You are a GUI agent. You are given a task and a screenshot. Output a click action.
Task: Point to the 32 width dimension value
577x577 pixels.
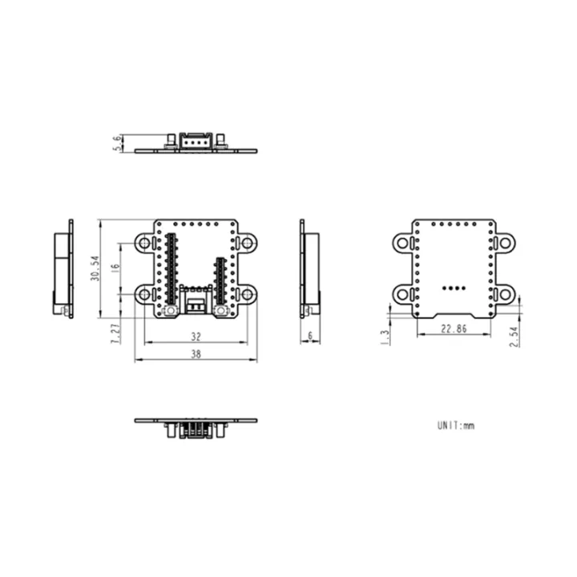tap(195, 337)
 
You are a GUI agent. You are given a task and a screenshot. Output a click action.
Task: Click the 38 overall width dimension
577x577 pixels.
tap(195, 355)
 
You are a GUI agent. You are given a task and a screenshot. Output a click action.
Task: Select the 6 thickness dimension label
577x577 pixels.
tap(309, 337)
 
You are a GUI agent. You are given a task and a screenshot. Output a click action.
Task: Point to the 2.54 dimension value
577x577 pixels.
tap(514, 336)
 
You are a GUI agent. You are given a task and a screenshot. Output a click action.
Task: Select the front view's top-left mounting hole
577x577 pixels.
tap(144, 242)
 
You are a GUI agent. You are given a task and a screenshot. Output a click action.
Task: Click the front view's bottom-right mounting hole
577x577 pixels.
tap(247, 295)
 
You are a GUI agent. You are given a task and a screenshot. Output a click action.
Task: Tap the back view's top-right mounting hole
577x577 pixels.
tap(504, 241)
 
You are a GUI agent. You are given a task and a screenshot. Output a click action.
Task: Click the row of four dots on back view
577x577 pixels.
tap(454, 285)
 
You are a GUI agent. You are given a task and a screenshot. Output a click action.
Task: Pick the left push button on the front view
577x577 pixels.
tap(170, 309)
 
